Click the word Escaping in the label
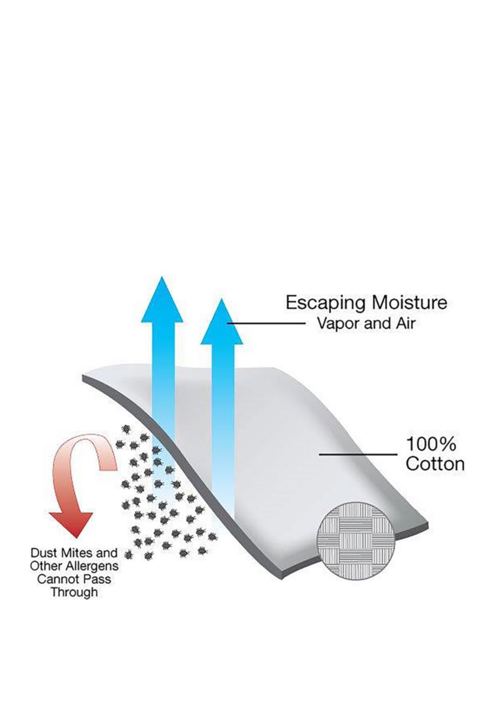[x=318, y=302]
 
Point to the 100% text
[x=432, y=445]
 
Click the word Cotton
[x=435, y=464]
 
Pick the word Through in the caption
[x=74, y=593]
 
